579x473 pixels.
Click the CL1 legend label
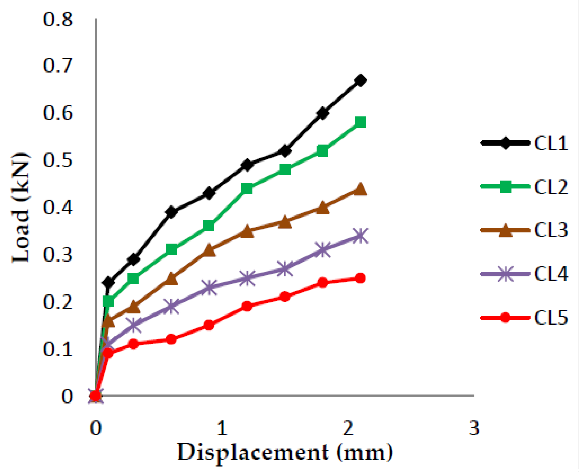point(551,143)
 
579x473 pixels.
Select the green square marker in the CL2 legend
point(505,187)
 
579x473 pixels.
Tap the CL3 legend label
point(551,230)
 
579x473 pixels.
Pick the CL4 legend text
point(551,274)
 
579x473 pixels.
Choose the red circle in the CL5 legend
point(505,318)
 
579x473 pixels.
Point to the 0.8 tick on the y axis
point(58,20)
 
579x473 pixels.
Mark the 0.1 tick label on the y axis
point(58,349)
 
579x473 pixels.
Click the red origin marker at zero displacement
point(95,396)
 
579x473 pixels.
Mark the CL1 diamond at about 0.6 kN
point(323,113)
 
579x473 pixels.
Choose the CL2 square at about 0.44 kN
point(247,188)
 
